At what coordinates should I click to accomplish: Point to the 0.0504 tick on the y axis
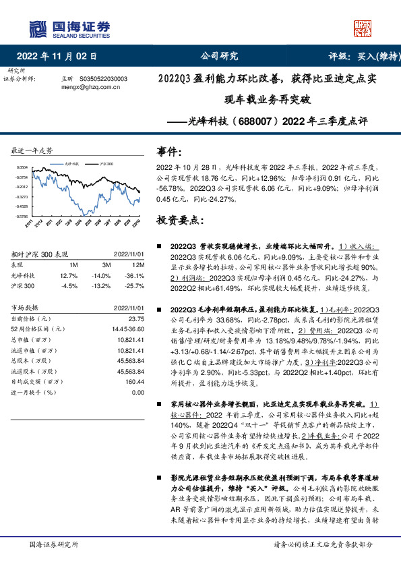(22, 166)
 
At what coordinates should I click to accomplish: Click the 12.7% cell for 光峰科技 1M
(69, 275)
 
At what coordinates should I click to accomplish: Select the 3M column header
(105, 265)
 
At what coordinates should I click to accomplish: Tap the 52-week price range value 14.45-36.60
(127, 328)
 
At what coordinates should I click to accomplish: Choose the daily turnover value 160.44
(135, 381)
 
